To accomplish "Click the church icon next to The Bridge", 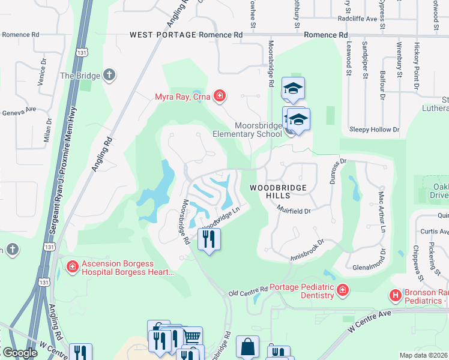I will pyautogui.click(x=109, y=76).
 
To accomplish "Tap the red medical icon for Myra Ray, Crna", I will pyautogui.click(x=220, y=96).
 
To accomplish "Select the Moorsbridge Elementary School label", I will pyautogui.click(x=247, y=130).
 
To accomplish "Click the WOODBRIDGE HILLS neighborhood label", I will pyautogui.click(x=278, y=191).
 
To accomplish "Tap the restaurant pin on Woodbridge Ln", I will pyautogui.click(x=209, y=239).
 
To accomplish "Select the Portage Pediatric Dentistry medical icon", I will pyautogui.click(x=342, y=291).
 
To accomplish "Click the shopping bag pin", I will pyautogui.click(x=247, y=347).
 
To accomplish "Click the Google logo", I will pyautogui.click(x=20, y=353).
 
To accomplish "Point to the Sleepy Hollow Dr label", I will pyautogui.click(x=374, y=130).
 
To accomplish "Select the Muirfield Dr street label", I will pyautogui.click(x=294, y=210).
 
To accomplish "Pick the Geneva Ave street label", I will pyautogui.click(x=20, y=112).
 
